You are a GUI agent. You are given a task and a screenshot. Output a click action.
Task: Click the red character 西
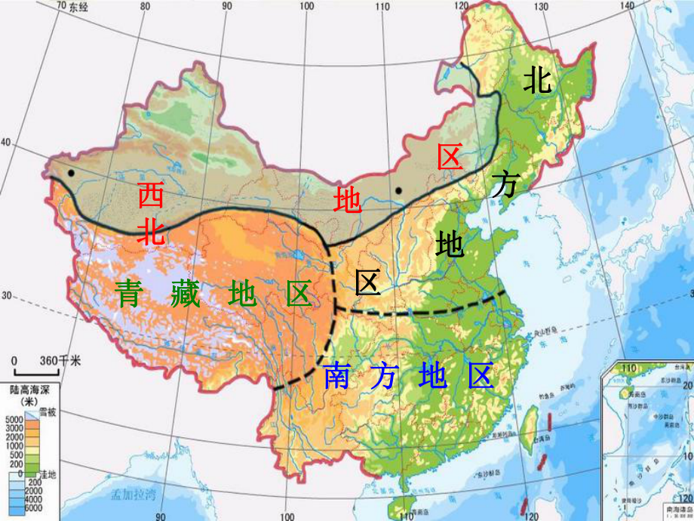tap(150, 196)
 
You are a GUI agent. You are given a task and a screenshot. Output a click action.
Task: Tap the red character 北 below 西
tap(150, 231)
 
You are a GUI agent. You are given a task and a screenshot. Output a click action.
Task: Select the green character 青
tap(127, 293)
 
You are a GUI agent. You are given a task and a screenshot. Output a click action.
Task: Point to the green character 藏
tap(185, 293)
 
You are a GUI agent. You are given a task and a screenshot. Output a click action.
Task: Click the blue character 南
tap(336, 375)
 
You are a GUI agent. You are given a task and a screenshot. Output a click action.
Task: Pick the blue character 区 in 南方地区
tap(480, 375)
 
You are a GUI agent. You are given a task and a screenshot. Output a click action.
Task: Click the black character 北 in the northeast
tap(537, 80)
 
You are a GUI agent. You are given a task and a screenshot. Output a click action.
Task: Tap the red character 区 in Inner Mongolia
tap(450, 157)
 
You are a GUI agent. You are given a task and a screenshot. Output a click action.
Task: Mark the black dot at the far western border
tap(70, 173)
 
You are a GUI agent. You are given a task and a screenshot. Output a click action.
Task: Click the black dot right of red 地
tap(398, 191)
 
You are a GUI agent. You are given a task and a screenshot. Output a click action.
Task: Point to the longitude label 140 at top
tap(626, 6)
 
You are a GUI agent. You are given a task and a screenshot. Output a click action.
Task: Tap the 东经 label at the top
tap(78, 7)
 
